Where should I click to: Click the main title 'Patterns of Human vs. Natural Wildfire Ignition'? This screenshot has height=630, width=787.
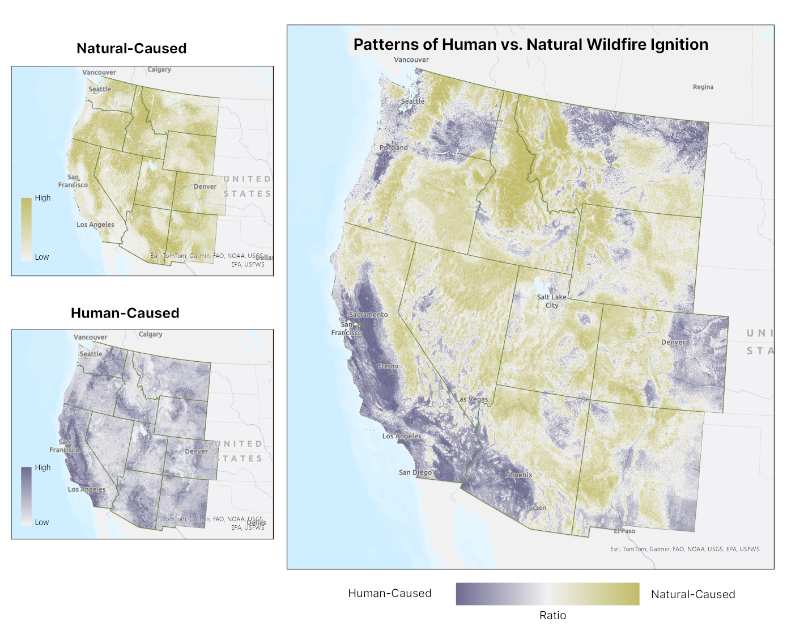click(530, 44)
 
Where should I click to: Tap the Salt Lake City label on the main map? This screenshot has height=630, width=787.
click(551, 301)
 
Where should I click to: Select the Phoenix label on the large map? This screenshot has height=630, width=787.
click(518, 475)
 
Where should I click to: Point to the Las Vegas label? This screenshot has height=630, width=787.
click(471, 399)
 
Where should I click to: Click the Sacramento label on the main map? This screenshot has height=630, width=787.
click(368, 314)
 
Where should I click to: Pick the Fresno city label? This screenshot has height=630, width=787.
click(388, 366)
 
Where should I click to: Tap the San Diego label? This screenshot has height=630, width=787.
click(415, 472)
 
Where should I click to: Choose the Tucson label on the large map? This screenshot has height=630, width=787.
click(535, 508)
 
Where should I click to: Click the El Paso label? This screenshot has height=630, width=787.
click(624, 531)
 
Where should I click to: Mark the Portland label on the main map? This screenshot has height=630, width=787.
click(393, 147)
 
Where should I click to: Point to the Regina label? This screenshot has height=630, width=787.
click(703, 87)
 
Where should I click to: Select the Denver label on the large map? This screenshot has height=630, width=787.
click(673, 342)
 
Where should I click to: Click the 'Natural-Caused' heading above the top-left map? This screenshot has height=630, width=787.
click(131, 48)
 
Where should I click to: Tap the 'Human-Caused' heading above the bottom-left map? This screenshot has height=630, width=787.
click(125, 313)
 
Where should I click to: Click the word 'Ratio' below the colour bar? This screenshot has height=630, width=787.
click(552, 615)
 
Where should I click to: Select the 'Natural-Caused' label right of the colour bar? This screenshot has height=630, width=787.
click(692, 594)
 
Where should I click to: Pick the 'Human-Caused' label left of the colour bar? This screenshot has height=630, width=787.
click(389, 593)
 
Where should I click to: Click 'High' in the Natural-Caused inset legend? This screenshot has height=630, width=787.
click(42, 198)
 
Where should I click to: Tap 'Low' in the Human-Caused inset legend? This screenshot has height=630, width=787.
click(42, 522)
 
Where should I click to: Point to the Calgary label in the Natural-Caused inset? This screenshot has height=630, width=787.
click(159, 69)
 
